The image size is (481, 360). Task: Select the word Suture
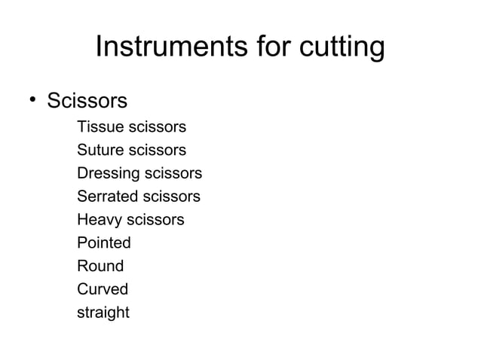pos(100,151)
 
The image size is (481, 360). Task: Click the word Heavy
pos(99,221)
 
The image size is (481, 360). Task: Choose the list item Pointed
pos(104,243)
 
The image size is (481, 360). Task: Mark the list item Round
pos(100,266)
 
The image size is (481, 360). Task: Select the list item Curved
pos(103,289)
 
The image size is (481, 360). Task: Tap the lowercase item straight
pos(103,312)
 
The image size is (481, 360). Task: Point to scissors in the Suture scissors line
pos(158,151)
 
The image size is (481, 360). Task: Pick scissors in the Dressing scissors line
pos(173,174)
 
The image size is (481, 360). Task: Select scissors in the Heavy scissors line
pos(155,220)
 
